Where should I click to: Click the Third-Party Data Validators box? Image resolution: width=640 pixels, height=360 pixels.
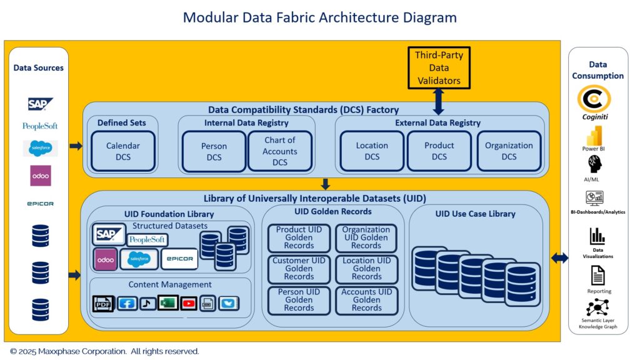[x=438, y=67]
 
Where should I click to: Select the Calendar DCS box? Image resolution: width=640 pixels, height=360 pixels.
[x=123, y=151]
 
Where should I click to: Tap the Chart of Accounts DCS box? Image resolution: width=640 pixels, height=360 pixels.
[x=279, y=151]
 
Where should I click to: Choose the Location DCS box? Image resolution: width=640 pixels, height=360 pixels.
[x=372, y=151]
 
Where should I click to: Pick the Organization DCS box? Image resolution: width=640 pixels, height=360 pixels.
[x=509, y=151]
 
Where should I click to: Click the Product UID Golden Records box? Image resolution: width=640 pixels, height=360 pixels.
[x=299, y=237]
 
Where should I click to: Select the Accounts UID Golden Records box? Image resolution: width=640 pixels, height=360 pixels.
[x=366, y=300]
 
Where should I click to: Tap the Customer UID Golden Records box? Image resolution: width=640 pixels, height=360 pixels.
[x=299, y=269]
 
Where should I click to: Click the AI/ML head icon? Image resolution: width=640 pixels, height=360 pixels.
[x=594, y=164]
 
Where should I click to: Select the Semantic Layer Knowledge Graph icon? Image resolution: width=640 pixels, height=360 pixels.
[x=597, y=308]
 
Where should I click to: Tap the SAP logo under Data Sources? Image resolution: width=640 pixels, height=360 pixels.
[x=41, y=104]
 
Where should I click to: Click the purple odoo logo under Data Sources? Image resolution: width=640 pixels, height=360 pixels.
[x=41, y=176]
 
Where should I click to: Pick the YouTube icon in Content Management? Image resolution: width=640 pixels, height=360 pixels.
[x=188, y=304]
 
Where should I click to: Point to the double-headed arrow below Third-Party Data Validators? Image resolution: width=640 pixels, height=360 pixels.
[x=438, y=101]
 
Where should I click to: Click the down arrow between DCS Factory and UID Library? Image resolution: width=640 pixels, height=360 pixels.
[x=324, y=184]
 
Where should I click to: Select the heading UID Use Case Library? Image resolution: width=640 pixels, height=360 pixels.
[x=475, y=214]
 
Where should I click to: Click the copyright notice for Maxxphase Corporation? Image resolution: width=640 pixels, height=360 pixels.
[x=105, y=351]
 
